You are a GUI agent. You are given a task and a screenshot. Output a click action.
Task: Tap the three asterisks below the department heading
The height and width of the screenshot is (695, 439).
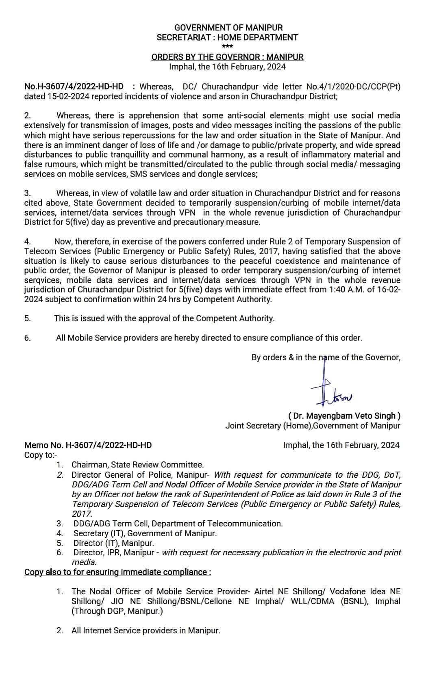pos(227,47)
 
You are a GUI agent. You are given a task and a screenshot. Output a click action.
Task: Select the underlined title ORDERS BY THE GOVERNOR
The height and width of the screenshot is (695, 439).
pos(227,57)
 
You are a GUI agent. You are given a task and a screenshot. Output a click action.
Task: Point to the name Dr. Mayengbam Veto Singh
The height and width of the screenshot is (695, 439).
pos(344,416)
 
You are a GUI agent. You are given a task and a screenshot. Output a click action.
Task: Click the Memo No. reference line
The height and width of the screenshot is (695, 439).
pos(88,445)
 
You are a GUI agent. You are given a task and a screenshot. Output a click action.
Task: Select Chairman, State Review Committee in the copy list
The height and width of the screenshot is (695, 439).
pos(137,465)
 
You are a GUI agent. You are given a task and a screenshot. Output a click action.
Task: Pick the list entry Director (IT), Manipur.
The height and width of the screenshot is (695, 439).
pos(113,543)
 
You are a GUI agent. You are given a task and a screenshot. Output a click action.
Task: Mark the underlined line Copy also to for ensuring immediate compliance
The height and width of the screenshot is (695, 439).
pos(117,572)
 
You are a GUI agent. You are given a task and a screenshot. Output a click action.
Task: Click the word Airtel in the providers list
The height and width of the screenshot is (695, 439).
pos(265,591)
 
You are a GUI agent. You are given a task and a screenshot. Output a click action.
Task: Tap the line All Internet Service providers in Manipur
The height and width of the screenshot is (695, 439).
pos(146,630)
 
